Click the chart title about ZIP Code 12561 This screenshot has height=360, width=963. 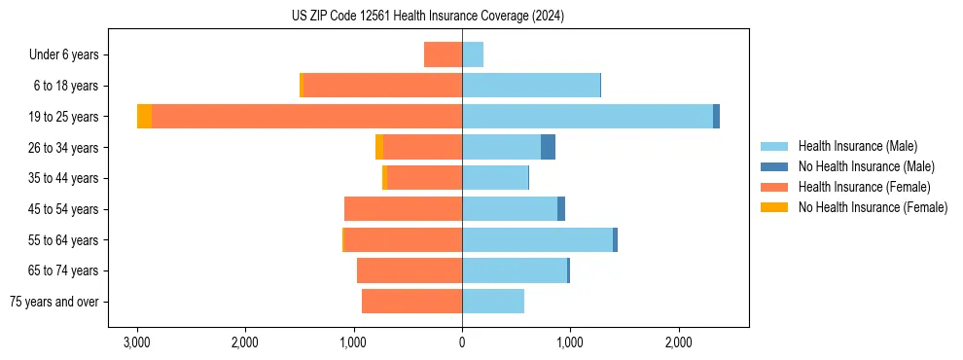click(x=427, y=17)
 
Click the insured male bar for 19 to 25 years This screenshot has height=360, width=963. click(x=588, y=117)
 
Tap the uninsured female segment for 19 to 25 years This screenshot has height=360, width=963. click(x=144, y=117)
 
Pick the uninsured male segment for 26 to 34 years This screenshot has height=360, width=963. click(x=548, y=147)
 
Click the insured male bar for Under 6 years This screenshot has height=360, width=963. click(x=473, y=54)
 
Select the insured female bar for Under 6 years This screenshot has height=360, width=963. click(x=443, y=54)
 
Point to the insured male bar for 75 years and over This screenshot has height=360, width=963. click(x=493, y=302)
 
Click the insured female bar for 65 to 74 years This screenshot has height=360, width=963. click(x=410, y=270)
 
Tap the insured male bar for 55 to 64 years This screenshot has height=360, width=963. click(x=537, y=239)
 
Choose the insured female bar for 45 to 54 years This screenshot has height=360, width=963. click(x=403, y=209)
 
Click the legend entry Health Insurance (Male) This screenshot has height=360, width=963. click(x=857, y=146)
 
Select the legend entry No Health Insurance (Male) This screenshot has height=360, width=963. click(x=866, y=166)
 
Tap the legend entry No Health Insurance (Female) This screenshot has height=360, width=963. click(x=873, y=207)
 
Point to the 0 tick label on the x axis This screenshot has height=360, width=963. click(x=462, y=342)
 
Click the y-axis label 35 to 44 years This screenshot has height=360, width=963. click(x=63, y=178)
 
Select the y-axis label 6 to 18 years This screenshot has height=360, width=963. click(x=66, y=86)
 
